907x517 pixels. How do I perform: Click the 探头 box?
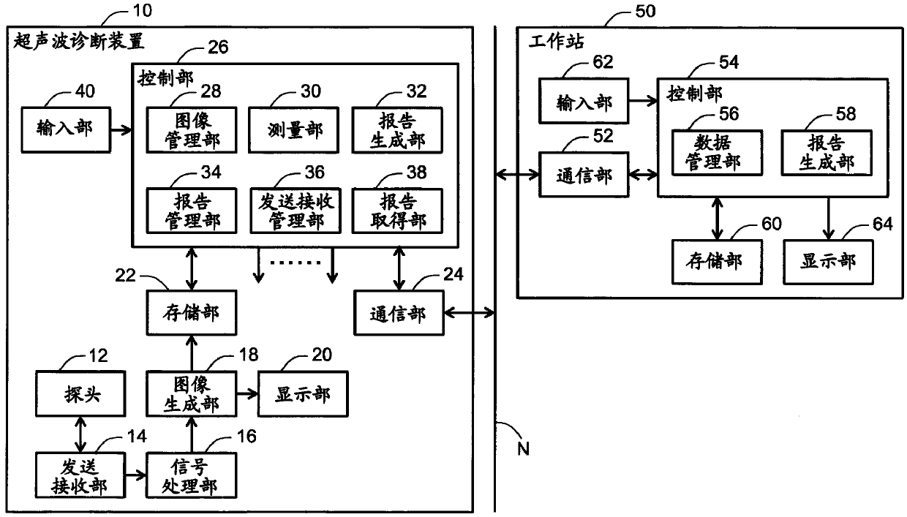80,393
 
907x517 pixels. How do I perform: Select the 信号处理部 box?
192,475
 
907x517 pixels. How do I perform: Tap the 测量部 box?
293,130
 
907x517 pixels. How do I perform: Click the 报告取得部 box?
397,211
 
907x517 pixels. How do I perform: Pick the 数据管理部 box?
717,153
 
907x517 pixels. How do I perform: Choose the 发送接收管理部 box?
296,211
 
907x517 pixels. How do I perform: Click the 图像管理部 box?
192,130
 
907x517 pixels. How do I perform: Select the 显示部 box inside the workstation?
828,262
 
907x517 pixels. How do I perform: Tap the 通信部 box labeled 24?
399,312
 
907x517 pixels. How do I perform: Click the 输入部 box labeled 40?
66,130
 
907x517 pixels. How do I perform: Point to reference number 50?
645,12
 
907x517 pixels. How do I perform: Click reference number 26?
218,48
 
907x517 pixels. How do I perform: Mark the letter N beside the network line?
523,449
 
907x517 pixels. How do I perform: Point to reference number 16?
246,437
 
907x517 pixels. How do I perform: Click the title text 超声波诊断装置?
79,42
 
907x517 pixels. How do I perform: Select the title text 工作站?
557,42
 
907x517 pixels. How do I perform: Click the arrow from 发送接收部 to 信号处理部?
135,475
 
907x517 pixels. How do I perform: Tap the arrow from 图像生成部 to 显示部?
247,393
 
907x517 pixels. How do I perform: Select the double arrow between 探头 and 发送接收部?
80,434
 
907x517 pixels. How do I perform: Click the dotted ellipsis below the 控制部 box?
296,263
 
